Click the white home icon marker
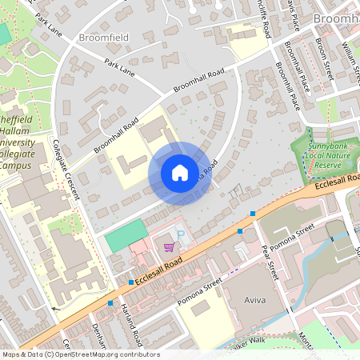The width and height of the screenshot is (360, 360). point(180,172)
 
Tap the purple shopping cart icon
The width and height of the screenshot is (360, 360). point(169,247)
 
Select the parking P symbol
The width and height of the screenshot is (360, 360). point(180,235)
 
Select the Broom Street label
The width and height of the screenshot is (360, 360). point(323,58)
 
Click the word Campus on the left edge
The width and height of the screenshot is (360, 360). point(16,165)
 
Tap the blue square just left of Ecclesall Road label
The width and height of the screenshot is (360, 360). point(131,282)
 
